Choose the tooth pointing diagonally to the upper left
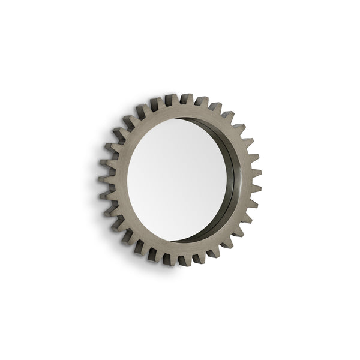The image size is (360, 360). coord(128,124)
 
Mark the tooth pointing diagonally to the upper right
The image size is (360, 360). coord(238,128)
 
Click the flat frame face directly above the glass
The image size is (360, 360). coord(180,112)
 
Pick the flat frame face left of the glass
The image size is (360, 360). coord(118,180)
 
